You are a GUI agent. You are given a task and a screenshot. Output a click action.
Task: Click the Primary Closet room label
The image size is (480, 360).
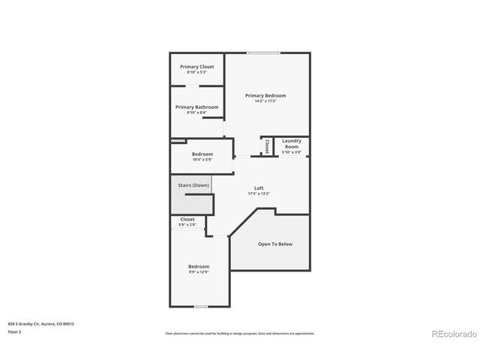196,67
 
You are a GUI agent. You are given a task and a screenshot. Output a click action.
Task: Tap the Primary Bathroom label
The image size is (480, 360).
196,107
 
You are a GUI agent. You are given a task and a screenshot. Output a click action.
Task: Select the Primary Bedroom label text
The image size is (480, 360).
265,95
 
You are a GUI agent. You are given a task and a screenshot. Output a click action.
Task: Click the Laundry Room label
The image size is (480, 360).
292,143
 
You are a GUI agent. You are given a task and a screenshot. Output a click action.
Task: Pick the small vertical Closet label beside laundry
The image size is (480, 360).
266,146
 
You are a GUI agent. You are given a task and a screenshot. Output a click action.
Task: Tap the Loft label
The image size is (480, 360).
259,188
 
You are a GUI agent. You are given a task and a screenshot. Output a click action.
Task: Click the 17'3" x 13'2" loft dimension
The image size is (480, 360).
259,193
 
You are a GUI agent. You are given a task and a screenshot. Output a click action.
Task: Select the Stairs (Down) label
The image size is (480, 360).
193,185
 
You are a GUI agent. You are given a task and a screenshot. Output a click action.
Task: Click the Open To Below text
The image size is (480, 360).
275,244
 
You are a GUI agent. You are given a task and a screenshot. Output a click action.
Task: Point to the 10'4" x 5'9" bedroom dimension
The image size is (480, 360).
202,160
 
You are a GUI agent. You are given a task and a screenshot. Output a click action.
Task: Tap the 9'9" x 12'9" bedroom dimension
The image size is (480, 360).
199,272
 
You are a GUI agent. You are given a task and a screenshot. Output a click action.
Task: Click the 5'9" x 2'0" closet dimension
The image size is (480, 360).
187,225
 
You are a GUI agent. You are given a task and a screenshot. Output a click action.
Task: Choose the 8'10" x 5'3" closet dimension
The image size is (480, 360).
196,72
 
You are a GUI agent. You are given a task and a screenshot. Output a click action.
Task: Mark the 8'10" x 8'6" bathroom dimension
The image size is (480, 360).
196,112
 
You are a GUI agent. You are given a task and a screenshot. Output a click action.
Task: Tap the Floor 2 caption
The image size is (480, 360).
15,331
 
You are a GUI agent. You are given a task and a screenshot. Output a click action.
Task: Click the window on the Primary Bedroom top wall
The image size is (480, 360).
264,52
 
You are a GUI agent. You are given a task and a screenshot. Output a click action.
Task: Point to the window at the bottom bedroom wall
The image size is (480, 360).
200,306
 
